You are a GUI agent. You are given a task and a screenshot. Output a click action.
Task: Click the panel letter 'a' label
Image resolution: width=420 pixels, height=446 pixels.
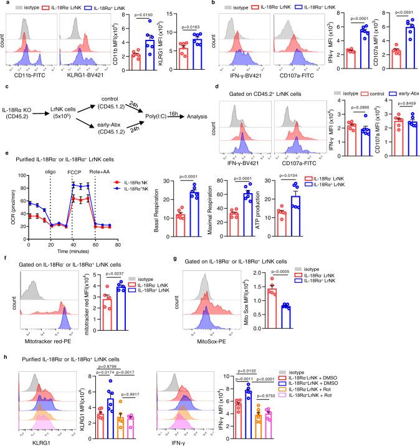4,4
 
